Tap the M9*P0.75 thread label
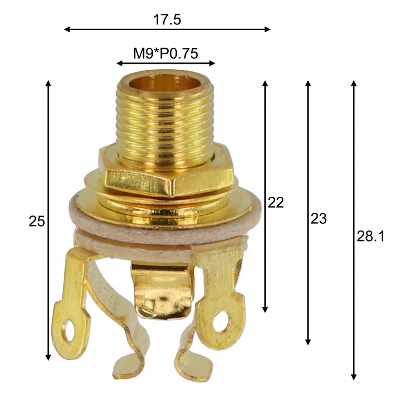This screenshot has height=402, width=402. click(x=165, y=53)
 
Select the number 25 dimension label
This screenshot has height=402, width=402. click(x=37, y=221)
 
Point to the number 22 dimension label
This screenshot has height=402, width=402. click(x=275, y=203)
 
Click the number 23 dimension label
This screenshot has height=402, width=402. click(x=318, y=219)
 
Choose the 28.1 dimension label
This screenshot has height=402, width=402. click(x=370, y=236)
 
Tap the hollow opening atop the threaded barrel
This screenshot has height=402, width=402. click(x=164, y=83)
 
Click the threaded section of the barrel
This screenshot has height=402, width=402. click(x=165, y=126)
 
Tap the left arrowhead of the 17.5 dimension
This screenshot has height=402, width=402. click(x=67, y=29)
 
